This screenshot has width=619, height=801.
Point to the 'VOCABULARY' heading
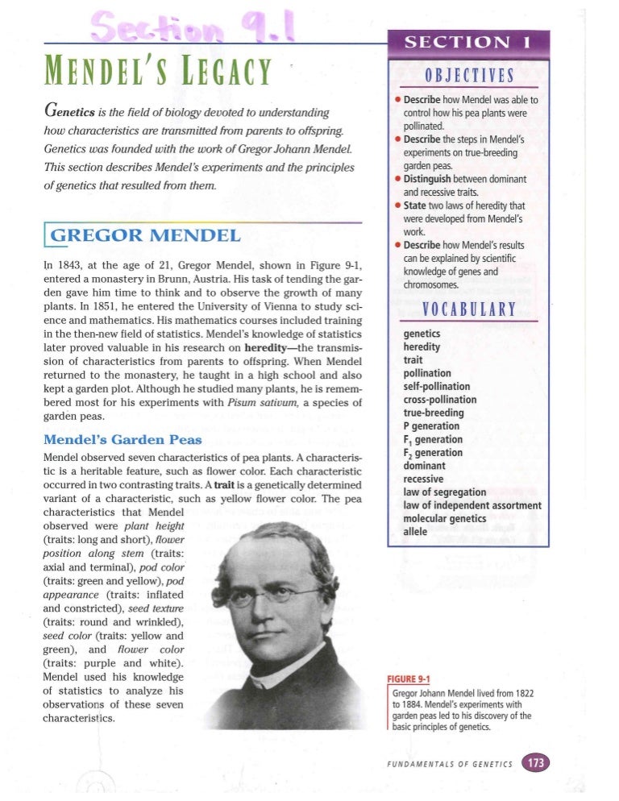click(468, 310)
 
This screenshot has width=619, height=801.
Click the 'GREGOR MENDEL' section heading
click(145, 236)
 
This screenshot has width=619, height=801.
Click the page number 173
click(534, 762)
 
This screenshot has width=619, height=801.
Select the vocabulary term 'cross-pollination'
click(439, 400)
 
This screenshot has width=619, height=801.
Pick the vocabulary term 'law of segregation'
click(444, 492)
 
